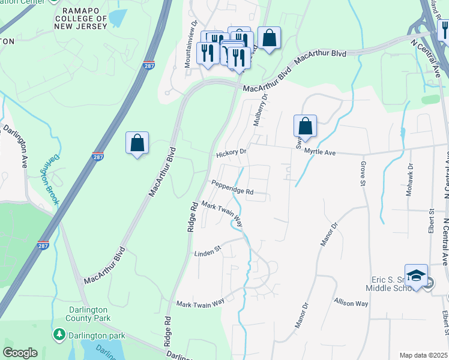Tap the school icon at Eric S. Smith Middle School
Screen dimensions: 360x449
click(416, 276)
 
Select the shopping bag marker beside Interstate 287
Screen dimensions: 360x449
click(137, 143)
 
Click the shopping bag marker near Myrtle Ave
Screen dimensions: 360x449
click(305, 127)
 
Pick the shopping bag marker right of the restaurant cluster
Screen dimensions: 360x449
click(269, 38)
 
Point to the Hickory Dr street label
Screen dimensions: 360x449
click(232, 152)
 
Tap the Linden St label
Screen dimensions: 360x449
click(208, 254)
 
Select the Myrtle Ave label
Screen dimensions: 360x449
click(320, 152)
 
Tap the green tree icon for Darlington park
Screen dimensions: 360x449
click(59, 334)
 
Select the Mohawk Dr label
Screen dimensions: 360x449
click(411, 177)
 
